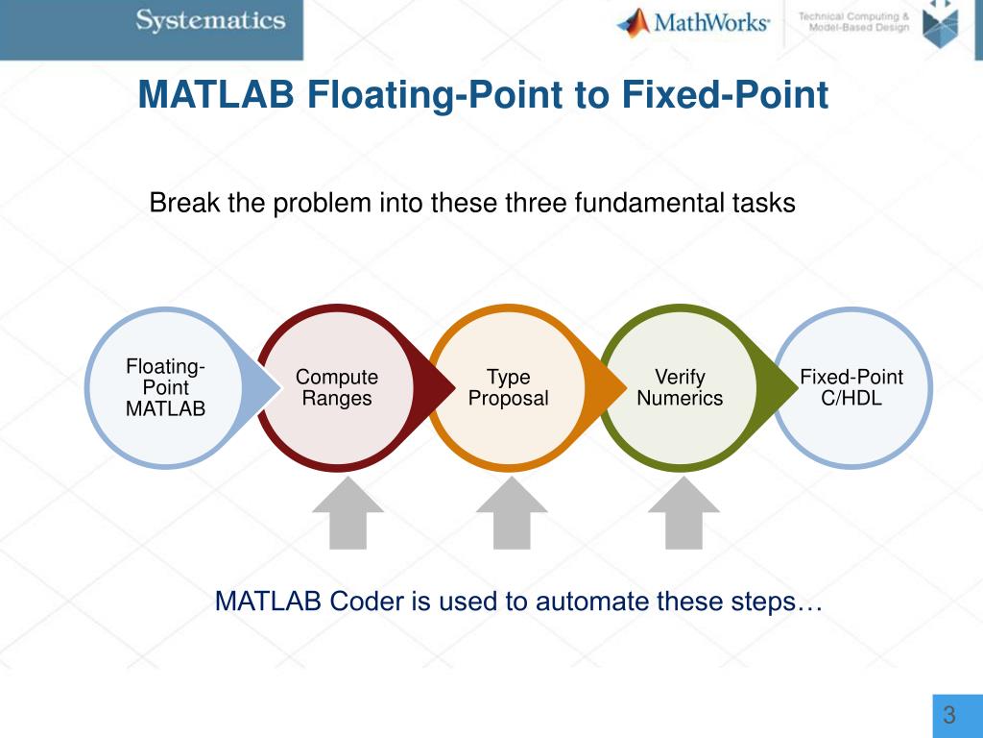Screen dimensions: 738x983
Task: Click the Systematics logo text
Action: (210, 21)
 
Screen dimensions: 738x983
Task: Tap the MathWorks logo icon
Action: (633, 22)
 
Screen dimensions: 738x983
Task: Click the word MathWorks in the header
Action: (710, 22)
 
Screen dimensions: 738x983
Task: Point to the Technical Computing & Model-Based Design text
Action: (853, 22)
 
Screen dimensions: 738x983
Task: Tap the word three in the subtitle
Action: (532, 204)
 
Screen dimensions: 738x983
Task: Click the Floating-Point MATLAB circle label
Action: (166, 387)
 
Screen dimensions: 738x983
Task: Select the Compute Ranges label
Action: (337, 387)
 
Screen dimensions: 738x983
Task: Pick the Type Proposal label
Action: (508, 387)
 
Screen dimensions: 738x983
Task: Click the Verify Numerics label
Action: (680, 387)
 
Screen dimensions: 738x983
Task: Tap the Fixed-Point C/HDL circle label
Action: (851, 387)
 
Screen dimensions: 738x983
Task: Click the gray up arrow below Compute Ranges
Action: (348, 513)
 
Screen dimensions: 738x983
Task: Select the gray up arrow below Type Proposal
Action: (513, 513)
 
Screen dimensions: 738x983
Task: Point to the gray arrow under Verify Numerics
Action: (683, 513)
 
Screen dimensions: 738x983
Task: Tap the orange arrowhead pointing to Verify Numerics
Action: (607, 386)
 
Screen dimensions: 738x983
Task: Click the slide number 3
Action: (949, 715)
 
